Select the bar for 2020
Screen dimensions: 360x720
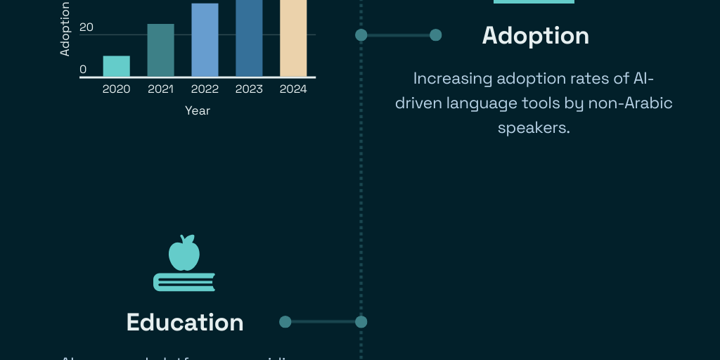(116, 66)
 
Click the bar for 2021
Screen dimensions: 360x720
(160, 51)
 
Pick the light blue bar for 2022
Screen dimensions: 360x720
(205, 40)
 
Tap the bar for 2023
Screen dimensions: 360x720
(249, 38)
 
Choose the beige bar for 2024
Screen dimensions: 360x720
(293, 38)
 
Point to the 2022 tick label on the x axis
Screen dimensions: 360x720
(205, 89)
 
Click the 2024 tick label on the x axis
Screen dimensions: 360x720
(293, 89)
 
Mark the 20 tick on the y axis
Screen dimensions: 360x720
(86, 27)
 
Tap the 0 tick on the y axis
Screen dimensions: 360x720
(83, 70)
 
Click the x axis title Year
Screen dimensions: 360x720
(198, 111)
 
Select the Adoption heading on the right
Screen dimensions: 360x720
(535, 36)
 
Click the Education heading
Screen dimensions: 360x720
(185, 323)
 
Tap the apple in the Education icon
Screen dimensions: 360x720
(184, 253)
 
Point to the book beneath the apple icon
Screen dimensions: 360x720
(184, 282)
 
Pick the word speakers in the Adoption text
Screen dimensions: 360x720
(534, 129)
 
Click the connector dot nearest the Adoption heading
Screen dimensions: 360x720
(435, 35)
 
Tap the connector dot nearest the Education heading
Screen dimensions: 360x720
(285, 322)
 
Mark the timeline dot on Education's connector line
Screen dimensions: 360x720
(361, 322)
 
